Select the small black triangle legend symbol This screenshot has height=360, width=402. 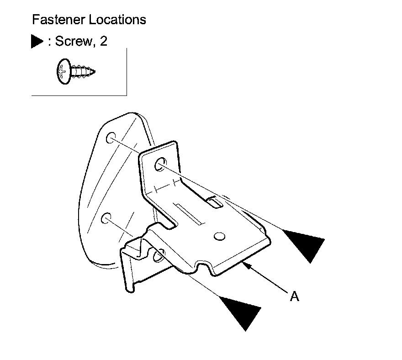[36, 42]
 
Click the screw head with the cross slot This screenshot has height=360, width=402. [63, 71]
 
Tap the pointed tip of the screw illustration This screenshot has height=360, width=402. [94, 72]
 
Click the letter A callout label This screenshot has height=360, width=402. [295, 296]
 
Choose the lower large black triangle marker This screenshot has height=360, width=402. [241, 309]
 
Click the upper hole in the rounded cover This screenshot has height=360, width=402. [111, 138]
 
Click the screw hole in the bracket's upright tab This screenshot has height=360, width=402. [160, 164]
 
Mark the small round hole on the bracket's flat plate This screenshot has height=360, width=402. [219, 236]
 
